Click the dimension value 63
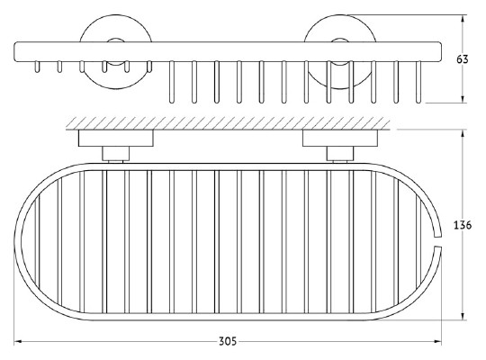462,58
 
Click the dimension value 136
463,225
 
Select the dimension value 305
228,341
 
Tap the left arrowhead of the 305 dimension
18,341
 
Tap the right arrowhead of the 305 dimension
437,341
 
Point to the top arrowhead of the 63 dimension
463,19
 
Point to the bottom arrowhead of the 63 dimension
463,99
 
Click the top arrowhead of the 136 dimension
463,133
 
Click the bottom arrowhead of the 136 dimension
463,316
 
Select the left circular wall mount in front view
116,51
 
